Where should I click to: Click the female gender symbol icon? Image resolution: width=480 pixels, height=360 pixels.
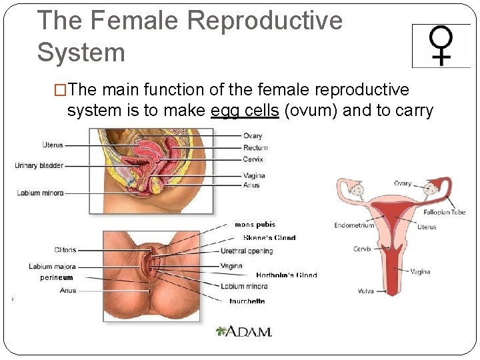click(x=441, y=45)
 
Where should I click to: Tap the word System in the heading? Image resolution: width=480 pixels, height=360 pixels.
click(x=81, y=52)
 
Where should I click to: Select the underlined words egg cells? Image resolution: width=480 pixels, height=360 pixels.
click(x=244, y=110)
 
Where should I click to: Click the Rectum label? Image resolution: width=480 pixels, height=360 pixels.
click(x=255, y=147)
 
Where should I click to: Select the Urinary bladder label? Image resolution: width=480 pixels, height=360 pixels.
click(x=39, y=165)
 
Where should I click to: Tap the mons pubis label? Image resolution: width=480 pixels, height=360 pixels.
click(x=255, y=225)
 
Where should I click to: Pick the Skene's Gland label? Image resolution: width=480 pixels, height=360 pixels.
click(x=269, y=237)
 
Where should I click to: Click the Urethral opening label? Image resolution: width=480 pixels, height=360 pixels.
click(x=247, y=251)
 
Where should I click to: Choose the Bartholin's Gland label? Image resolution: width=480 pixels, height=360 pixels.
click(x=286, y=275)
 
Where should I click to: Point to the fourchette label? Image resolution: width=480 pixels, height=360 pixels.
click(x=247, y=301)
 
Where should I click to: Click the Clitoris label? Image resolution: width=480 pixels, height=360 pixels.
click(x=65, y=250)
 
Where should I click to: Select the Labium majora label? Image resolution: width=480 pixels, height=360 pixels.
click(x=52, y=267)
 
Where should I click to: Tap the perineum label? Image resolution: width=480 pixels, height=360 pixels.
click(x=56, y=277)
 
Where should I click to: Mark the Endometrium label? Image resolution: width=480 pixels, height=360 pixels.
click(x=354, y=225)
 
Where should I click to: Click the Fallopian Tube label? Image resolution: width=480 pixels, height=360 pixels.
click(x=444, y=213)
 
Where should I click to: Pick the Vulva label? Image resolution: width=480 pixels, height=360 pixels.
click(x=366, y=291)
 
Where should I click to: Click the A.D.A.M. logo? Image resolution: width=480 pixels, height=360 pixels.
click(x=243, y=331)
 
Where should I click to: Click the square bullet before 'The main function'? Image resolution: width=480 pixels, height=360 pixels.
click(x=60, y=90)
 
